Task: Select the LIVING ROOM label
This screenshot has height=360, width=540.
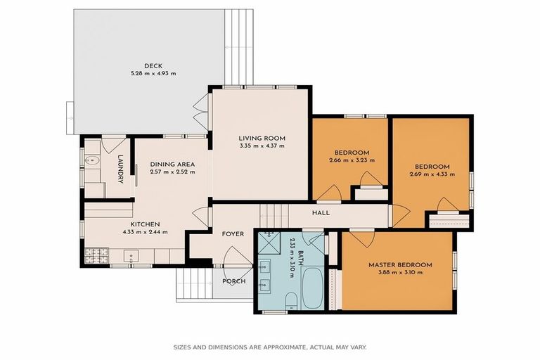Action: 259,138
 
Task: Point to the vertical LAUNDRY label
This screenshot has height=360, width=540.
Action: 120,169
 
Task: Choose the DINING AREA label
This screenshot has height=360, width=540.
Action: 172,165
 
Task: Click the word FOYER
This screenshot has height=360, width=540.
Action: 233,233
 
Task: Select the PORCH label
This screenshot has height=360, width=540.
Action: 233,281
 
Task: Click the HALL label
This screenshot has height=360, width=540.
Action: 321,213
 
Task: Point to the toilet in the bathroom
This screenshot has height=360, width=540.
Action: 290,302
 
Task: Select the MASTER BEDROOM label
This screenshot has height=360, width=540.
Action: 400,265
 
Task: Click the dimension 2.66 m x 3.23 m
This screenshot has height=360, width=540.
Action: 352,160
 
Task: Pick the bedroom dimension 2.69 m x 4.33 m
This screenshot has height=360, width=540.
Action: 429,174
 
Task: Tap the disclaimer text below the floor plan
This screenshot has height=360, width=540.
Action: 270,347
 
